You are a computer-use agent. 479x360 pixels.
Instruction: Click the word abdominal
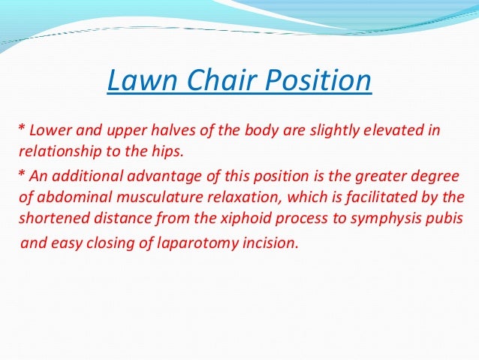pyautogui.click(x=65, y=199)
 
